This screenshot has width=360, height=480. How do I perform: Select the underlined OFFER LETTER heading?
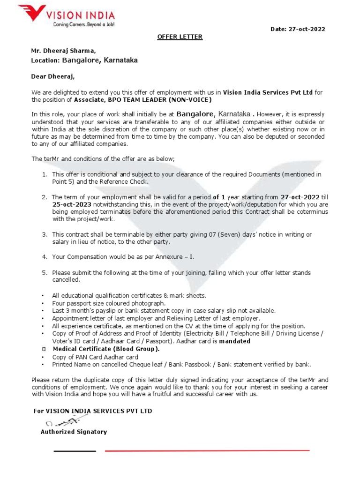tap(180, 37)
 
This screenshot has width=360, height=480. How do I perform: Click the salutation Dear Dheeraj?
tap(53, 76)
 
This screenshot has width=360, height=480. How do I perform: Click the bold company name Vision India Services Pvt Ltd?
tap(268, 92)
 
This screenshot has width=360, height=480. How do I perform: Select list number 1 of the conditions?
tap(45, 174)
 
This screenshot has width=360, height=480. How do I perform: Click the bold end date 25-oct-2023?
tap(72, 205)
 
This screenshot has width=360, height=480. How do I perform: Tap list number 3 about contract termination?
tap(45, 234)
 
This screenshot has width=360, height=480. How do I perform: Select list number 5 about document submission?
tap(45, 273)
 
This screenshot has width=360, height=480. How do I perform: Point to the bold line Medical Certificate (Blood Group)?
tap(106, 349)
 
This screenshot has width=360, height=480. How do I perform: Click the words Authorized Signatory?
tap(74, 432)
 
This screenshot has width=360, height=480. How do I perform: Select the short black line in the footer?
tap(75, 451)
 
